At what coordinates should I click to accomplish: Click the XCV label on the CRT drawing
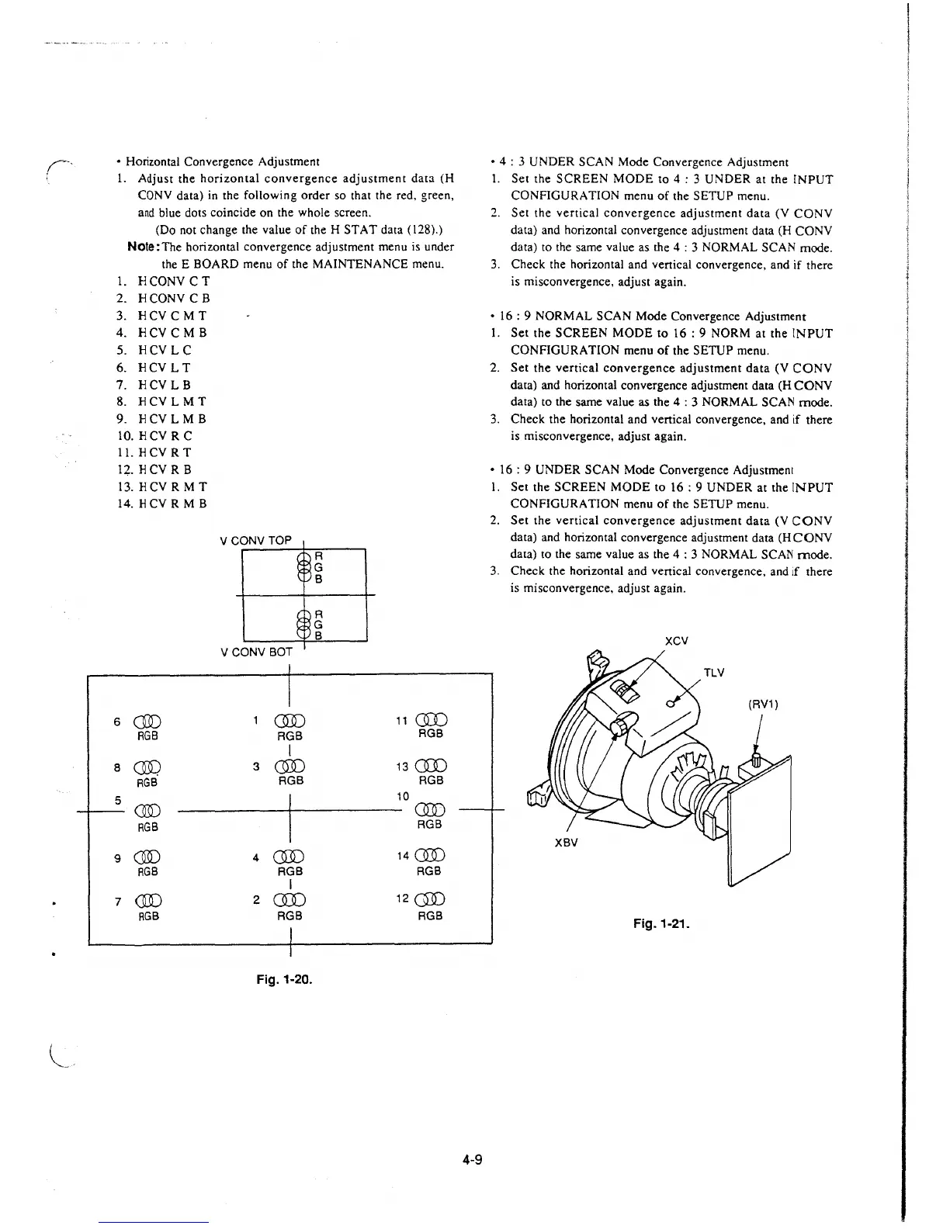[x=677, y=641]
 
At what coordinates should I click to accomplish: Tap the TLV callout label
[x=713, y=673]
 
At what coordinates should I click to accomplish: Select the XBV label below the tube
[x=566, y=842]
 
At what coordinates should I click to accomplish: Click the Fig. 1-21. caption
[x=661, y=924]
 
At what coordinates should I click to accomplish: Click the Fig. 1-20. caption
[x=284, y=979]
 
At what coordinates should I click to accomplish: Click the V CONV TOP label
[x=256, y=540]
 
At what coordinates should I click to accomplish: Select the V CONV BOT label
[x=256, y=653]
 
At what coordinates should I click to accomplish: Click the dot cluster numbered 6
[x=147, y=722]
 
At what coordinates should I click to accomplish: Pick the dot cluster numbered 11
[x=431, y=720]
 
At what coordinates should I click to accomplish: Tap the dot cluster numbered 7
[x=147, y=902]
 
